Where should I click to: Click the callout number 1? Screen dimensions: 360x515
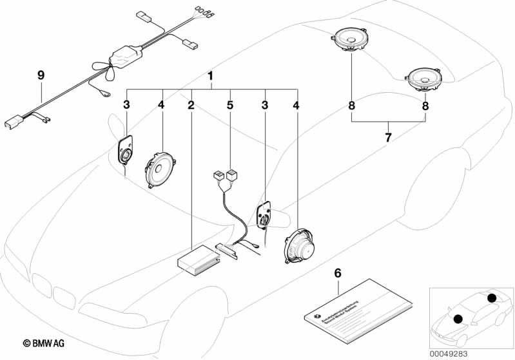click(x=210, y=77)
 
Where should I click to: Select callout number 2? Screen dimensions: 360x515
click(x=191, y=104)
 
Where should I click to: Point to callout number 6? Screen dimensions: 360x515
click(x=337, y=273)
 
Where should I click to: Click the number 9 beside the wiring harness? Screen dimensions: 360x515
click(x=41, y=76)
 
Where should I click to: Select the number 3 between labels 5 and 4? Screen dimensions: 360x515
click(x=264, y=104)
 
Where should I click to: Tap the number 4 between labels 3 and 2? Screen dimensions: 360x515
click(x=162, y=104)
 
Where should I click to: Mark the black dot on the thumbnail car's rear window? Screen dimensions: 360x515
click(x=492, y=298)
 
